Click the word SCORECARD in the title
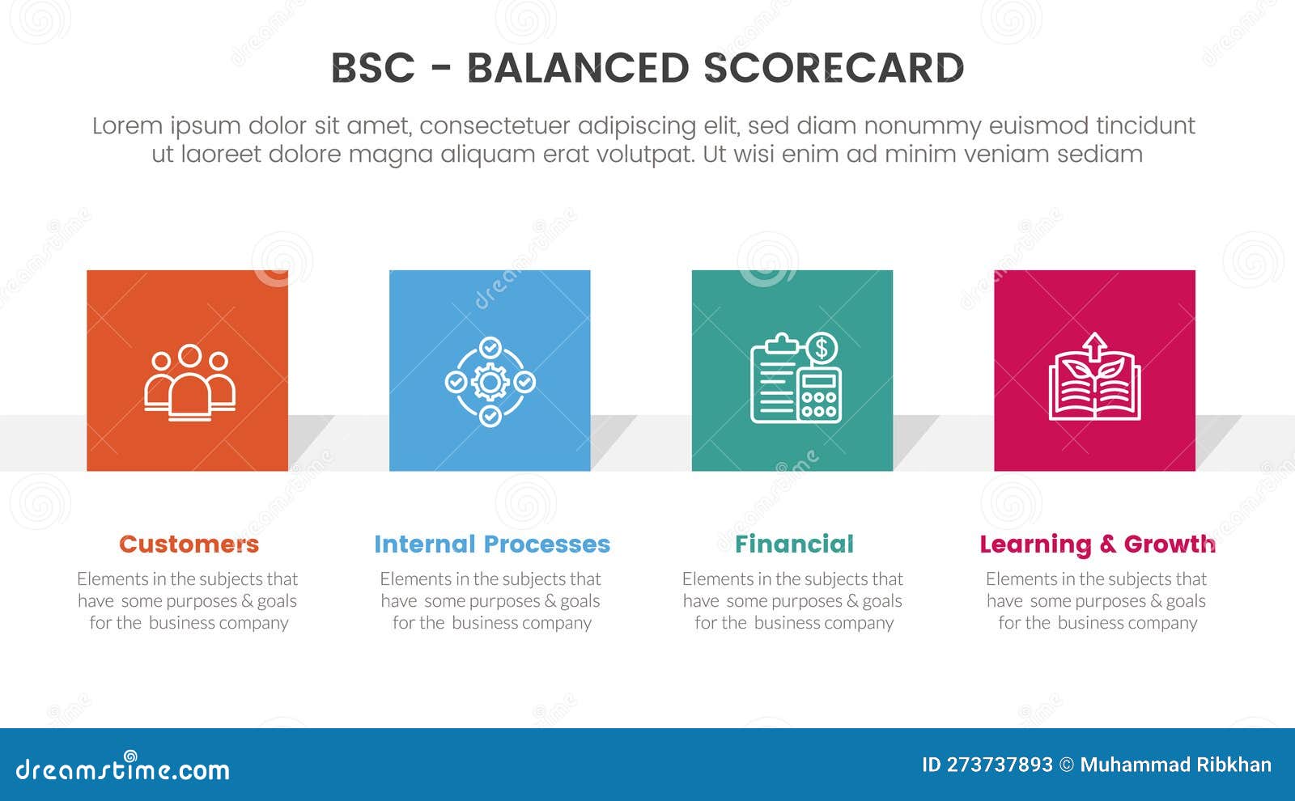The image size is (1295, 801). coord(834,69)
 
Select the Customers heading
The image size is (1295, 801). coord(189,544)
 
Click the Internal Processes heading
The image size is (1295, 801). coord(491,544)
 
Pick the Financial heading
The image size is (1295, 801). coord(794,544)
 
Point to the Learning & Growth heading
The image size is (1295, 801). coord(1097,544)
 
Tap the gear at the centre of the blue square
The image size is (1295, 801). coord(490,381)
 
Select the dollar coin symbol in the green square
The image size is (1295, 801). coord(822,349)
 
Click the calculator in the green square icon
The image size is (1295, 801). coord(819,396)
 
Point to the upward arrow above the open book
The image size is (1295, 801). coord(1094,345)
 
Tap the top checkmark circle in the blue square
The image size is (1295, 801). coord(490,347)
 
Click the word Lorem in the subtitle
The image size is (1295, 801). coord(127,126)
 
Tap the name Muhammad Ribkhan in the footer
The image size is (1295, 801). coord(1175,765)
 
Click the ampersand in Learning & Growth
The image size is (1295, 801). coord(1106,545)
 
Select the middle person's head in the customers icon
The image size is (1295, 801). coord(189,355)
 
